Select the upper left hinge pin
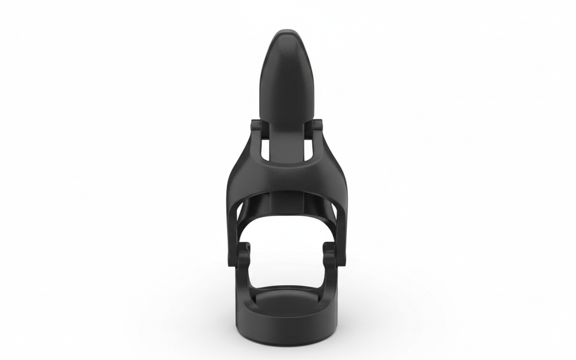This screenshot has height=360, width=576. [x=257, y=128]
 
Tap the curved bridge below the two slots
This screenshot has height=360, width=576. [x=286, y=176]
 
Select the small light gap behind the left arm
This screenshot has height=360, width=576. [x=241, y=222]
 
